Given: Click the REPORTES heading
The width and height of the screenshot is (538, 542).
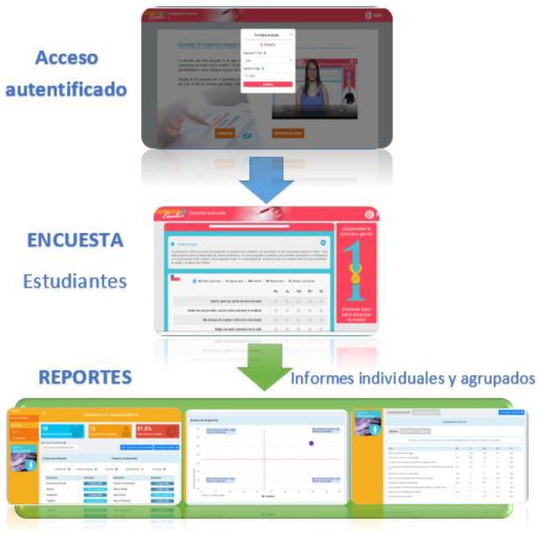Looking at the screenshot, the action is pos(85,377).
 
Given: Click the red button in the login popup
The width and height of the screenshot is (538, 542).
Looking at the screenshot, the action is pos(267,84).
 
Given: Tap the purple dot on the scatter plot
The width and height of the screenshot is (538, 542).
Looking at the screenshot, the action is pos(311,443).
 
